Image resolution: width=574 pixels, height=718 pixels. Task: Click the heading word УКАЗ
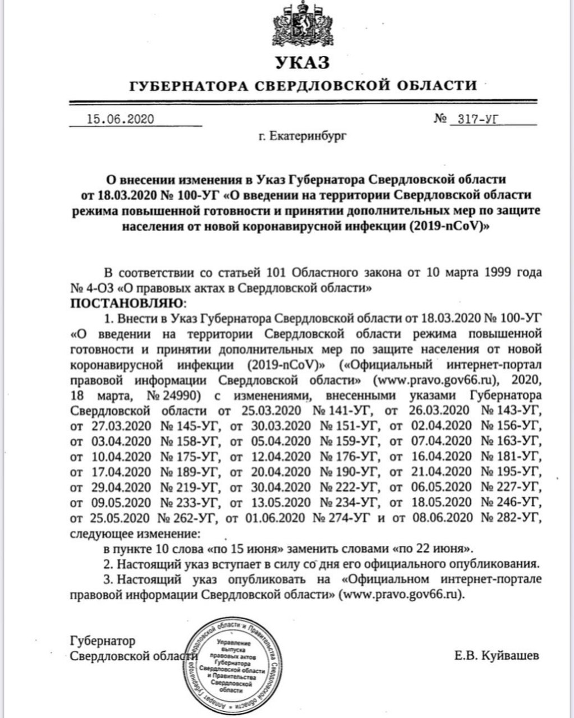click(302, 62)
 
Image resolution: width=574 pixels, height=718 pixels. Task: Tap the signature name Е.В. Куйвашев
click(498, 655)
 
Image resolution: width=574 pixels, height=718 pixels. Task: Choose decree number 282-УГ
click(516, 517)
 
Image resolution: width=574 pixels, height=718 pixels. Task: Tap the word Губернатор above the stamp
click(102, 640)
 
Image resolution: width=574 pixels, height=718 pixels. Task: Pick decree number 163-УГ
click(516, 441)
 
